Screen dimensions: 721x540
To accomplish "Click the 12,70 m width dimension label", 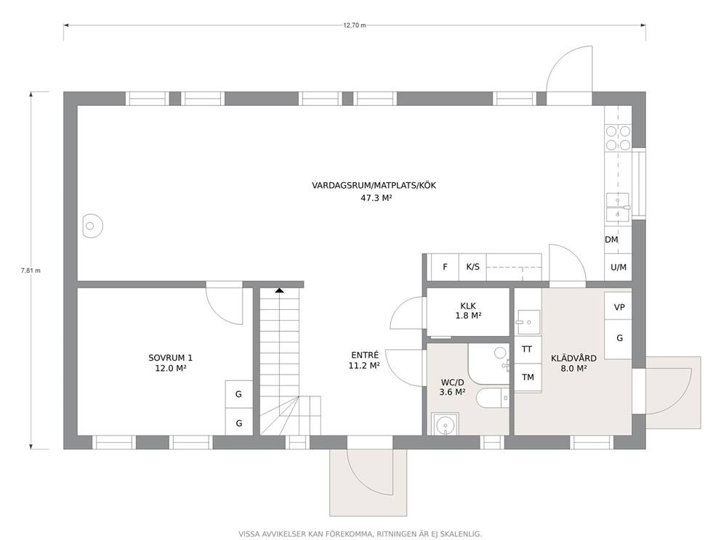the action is pos(355,25).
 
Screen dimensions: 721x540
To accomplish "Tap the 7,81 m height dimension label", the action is pos(31,271).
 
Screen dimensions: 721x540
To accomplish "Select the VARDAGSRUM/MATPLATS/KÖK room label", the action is pos(374,186).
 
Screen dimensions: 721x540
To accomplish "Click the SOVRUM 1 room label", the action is pos(171,358).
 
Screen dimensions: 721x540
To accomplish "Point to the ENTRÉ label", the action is pos(365,355).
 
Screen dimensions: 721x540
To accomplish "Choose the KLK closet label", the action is pos(468,306).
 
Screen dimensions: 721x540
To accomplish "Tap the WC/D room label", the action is pos(453,382).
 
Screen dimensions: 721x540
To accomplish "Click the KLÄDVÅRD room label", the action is pos(574,358).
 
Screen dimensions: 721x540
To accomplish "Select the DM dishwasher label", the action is pos(611,240).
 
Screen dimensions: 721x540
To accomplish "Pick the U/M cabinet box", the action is pos(619,267).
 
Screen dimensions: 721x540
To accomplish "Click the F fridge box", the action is pos(445,267).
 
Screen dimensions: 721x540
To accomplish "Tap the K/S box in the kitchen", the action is pos(472,267).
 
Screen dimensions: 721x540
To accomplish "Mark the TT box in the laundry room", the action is pos(528,349).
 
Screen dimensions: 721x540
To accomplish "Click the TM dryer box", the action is pos(528,377).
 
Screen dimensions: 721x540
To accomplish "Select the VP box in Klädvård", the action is pos(619,307).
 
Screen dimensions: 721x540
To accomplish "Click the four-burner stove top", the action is pos(618,138).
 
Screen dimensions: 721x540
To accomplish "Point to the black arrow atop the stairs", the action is pos(279,290).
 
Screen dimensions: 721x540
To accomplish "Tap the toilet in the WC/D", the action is pos(493,398).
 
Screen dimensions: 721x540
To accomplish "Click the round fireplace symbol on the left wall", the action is pos(92,226).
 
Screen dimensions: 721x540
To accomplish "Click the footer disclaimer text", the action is pos(360,534).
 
